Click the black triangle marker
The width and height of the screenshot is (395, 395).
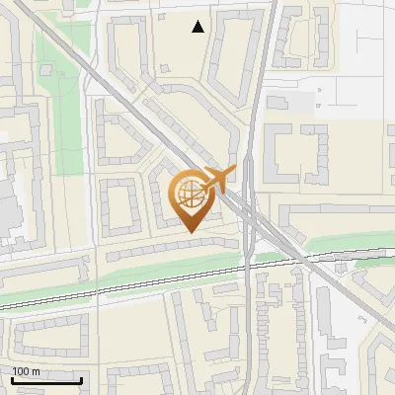(198, 27)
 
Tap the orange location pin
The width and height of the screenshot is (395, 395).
(191, 198)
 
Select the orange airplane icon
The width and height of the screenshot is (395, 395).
(217, 181)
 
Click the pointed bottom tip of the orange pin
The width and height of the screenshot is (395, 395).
(191, 231)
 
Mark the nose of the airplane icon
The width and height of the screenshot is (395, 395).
(234, 172)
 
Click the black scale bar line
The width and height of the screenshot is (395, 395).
(45, 380)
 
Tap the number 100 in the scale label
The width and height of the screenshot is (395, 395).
(21, 371)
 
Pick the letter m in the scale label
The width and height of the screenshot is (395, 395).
(37, 371)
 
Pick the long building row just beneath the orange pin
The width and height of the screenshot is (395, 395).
(173, 248)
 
